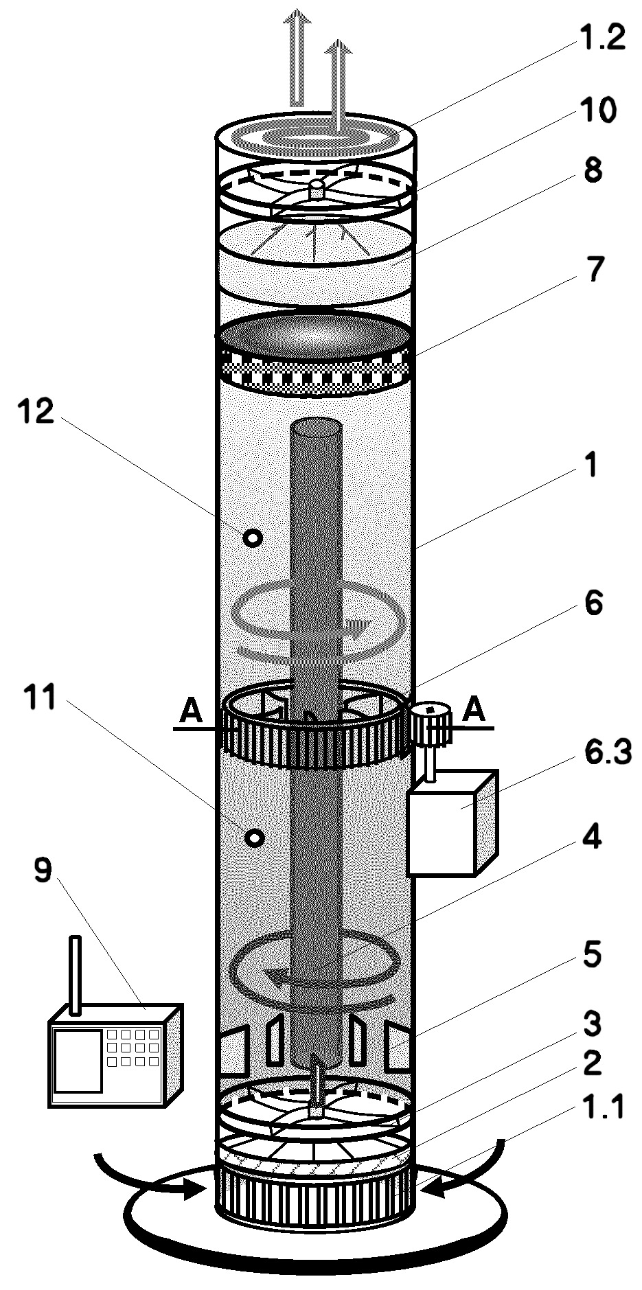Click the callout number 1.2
coord(600,39)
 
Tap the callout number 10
coord(597,109)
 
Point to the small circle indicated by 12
coord(253,538)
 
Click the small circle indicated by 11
coord(255,838)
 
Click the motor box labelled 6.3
coord(451,823)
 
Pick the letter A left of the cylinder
coord(191,712)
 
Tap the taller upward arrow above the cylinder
coord(299,58)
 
